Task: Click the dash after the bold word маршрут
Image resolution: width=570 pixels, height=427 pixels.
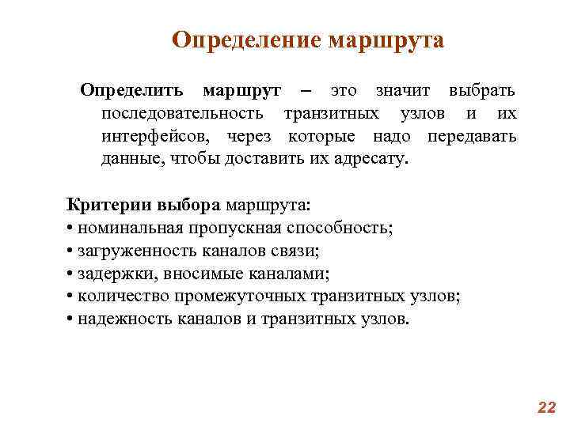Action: [306, 92]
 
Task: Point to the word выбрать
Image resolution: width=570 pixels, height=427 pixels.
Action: [482, 92]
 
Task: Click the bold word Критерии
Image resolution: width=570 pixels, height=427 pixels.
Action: [101, 206]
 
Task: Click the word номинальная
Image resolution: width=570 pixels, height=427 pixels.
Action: [131, 229]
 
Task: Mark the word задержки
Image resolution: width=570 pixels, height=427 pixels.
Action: [109, 274]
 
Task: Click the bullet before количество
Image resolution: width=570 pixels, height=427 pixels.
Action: [70, 297]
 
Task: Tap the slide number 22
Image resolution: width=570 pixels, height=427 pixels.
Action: [546, 407]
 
